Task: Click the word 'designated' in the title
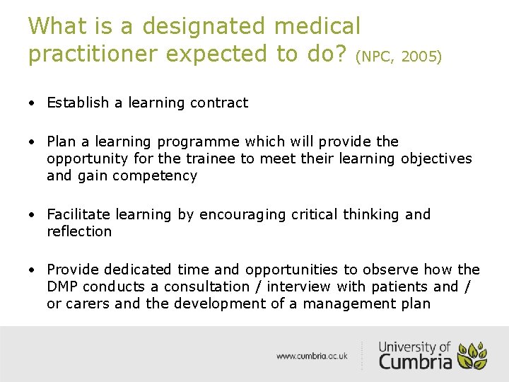[x=206, y=27]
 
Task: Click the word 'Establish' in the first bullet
[x=78, y=103]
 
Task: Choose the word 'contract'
[x=219, y=103]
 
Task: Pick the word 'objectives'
[x=436, y=159]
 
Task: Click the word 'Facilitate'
[x=78, y=214]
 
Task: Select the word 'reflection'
[x=79, y=231]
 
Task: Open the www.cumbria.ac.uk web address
[x=312, y=357]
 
